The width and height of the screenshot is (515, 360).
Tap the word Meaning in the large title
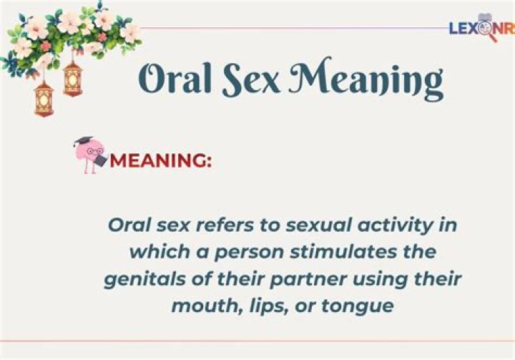coord(366,79)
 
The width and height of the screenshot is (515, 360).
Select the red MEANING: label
coord(161,160)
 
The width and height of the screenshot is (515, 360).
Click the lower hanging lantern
coord(44,98)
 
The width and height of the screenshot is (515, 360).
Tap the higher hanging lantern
coord(72,79)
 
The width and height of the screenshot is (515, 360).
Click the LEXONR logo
coord(482,28)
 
